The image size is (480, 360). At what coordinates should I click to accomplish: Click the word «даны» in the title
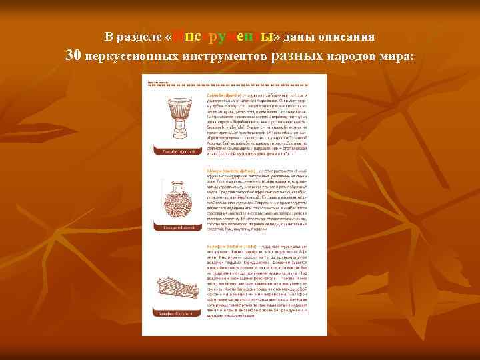pyautogui.click(x=297, y=36)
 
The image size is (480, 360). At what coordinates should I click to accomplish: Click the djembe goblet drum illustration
pyautogui.click(x=174, y=119)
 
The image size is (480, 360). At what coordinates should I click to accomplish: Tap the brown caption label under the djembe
pyautogui.click(x=174, y=152)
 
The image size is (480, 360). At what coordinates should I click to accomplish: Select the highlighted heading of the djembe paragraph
pyautogui.click(x=219, y=95)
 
